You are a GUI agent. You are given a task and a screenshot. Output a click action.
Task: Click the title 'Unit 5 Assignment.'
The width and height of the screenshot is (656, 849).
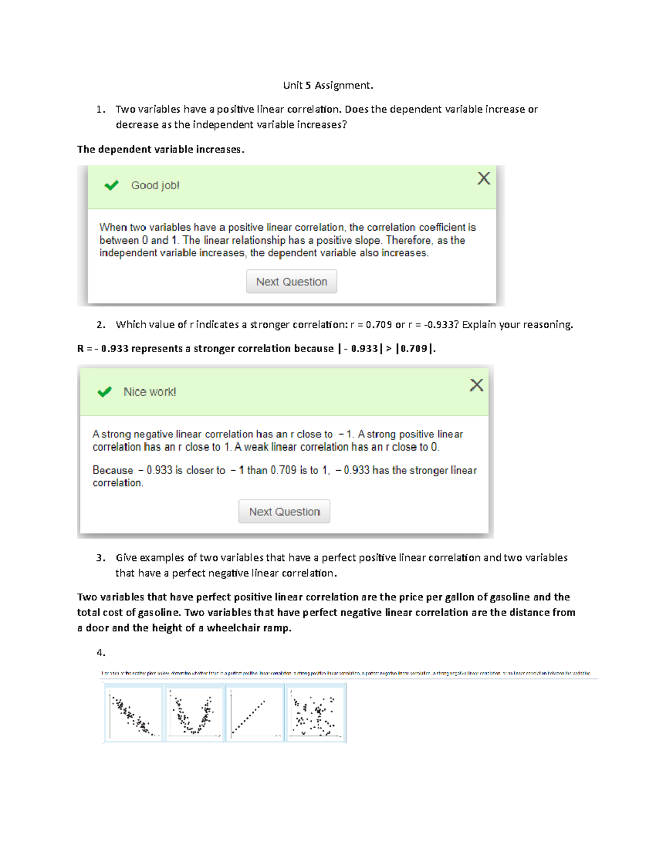[x=328, y=85]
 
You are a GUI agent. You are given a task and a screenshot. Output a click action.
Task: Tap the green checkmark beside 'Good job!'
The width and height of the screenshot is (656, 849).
[x=112, y=185]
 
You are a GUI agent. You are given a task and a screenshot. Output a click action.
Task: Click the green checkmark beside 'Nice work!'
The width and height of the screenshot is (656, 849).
[x=104, y=392]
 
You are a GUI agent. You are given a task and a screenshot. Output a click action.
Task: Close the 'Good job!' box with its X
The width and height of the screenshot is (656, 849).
[x=483, y=178]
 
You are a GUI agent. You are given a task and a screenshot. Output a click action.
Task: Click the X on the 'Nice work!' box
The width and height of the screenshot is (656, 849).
[x=476, y=385]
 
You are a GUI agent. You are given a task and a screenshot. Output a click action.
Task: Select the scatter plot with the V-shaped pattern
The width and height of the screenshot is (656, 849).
[x=194, y=713]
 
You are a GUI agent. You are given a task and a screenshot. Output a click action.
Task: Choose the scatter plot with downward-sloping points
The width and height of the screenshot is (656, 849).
[x=133, y=713]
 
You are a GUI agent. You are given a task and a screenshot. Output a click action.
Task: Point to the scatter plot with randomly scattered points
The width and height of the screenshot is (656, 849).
[x=315, y=713]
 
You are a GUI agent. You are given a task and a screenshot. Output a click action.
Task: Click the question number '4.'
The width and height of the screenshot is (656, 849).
[x=101, y=652]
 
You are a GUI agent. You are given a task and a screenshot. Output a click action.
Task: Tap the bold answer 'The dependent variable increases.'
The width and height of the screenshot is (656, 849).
[x=161, y=149]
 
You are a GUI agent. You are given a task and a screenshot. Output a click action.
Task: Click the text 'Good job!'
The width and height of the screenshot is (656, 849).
[x=155, y=185]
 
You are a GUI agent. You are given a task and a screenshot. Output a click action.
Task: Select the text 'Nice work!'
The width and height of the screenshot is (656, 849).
[x=150, y=392]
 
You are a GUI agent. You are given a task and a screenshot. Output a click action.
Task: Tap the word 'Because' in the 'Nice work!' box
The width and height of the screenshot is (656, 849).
[x=113, y=470]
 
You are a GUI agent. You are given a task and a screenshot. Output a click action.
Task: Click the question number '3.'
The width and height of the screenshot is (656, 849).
[x=101, y=558]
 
